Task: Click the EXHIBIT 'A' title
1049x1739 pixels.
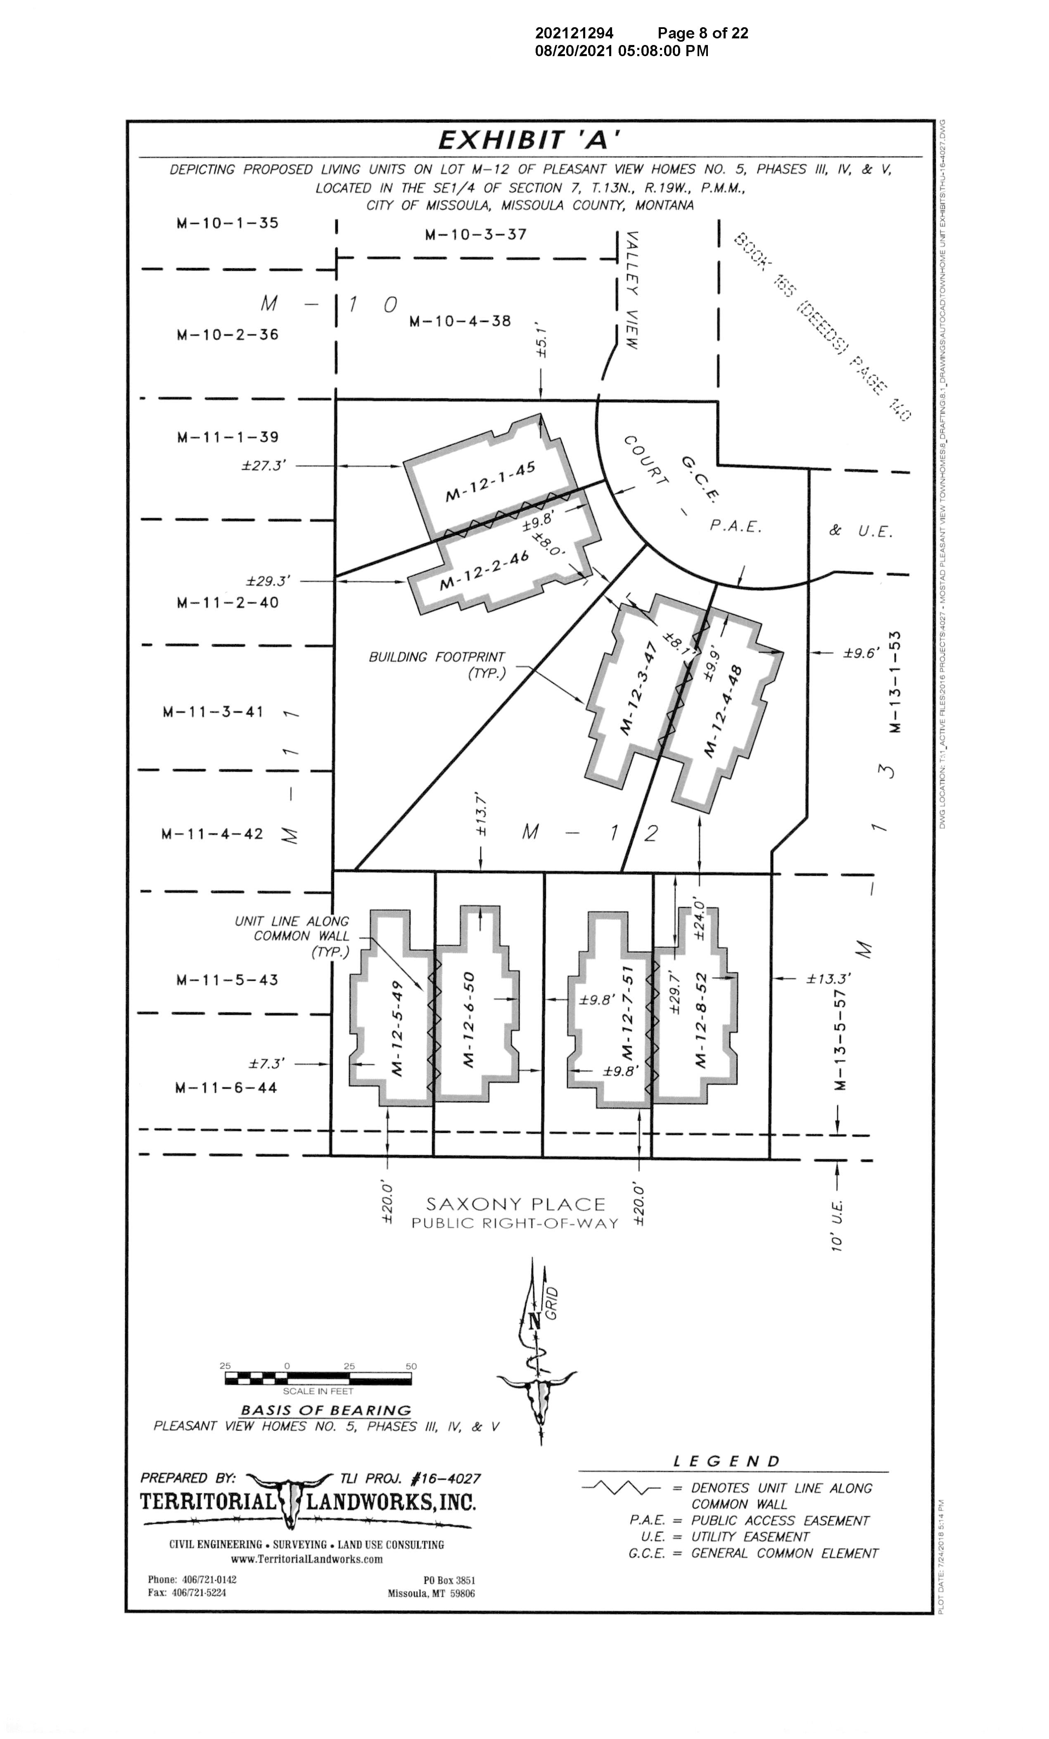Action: [529, 140]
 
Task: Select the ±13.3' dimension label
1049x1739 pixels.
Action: [829, 979]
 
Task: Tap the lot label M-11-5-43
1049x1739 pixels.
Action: [227, 980]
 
